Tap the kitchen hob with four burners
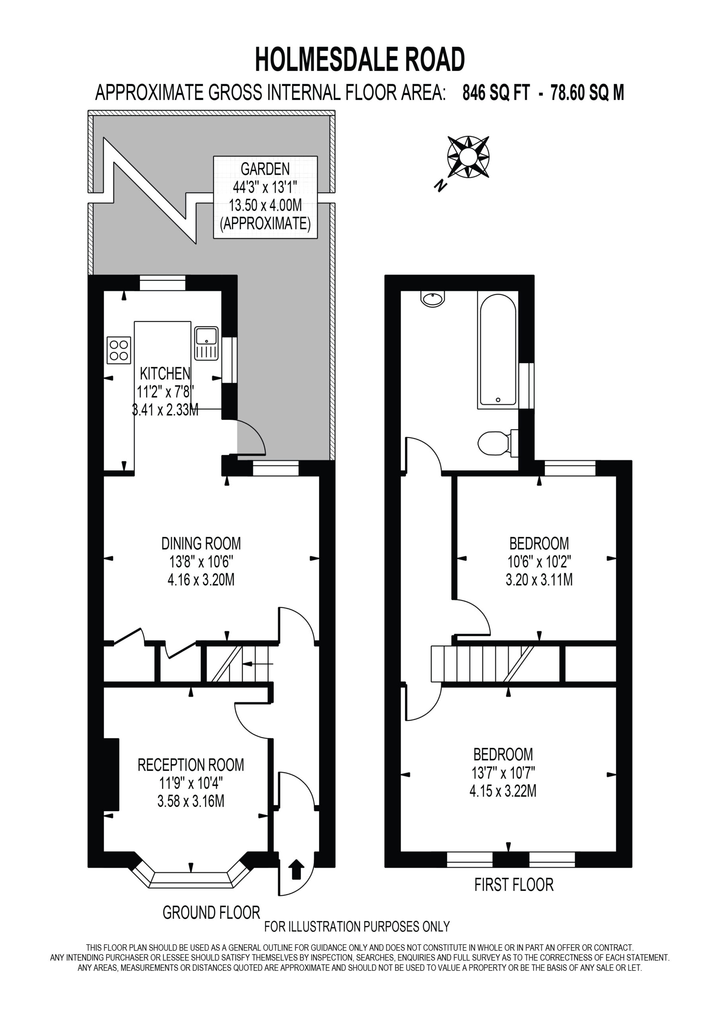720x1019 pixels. pyautogui.click(x=119, y=350)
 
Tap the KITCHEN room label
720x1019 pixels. pyautogui.click(x=165, y=374)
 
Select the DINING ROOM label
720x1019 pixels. pyautogui.click(x=201, y=543)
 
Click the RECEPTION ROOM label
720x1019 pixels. pyautogui.click(x=191, y=765)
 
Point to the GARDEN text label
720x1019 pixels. pyautogui.click(x=265, y=169)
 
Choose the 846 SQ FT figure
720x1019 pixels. pyautogui.click(x=496, y=93)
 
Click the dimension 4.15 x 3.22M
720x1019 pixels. pyautogui.click(x=503, y=791)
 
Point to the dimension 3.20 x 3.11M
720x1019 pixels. pyautogui.click(x=539, y=580)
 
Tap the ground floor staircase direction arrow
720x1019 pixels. pyautogui.click(x=258, y=664)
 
